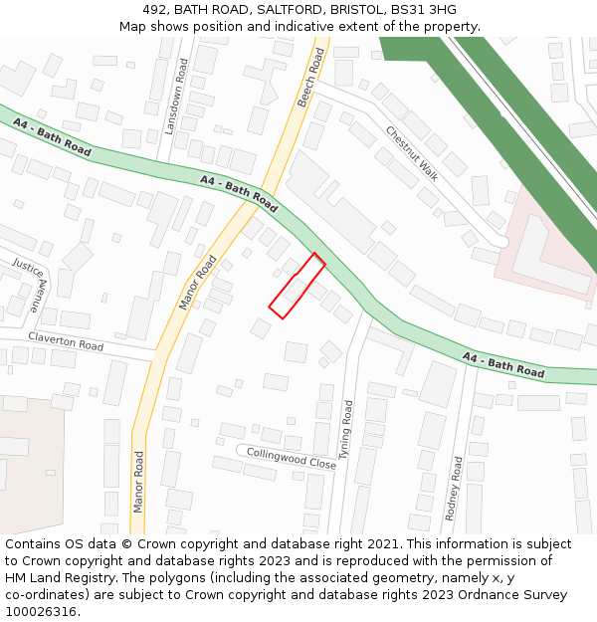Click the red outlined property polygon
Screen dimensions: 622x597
click(297, 287)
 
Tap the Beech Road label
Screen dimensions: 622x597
click(311, 78)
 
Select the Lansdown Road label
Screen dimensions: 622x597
click(175, 97)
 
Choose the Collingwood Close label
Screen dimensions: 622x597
click(292, 458)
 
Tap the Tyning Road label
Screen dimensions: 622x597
click(346, 437)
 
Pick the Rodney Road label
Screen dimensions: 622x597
click(455, 489)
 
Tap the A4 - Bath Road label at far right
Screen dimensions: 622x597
click(503, 365)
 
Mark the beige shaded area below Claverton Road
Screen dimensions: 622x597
click(30, 468)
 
